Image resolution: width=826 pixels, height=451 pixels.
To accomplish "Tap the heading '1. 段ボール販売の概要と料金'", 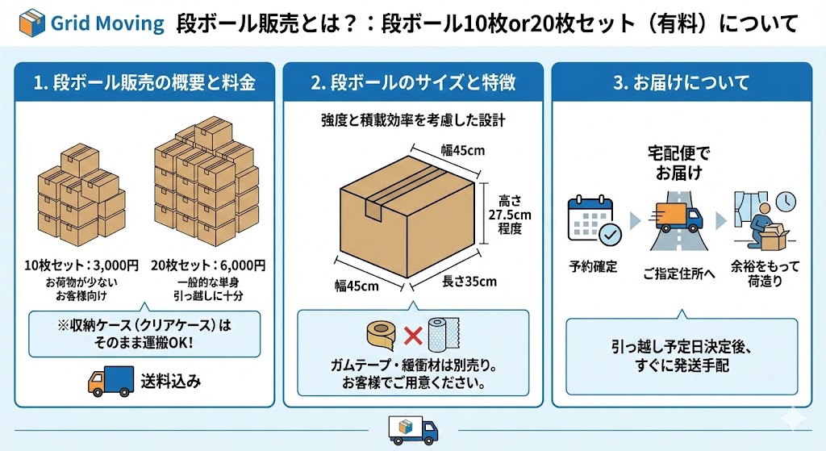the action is pyautogui.click(x=144, y=82).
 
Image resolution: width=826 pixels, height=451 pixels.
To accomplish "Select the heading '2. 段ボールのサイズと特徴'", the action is pyautogui.click(x=413, y=82).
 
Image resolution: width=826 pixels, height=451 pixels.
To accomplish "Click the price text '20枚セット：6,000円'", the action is pyautogui.click(x=209, y=265).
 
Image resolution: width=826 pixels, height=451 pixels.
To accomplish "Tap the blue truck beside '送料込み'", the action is pyautogui.click(x=109, y=381).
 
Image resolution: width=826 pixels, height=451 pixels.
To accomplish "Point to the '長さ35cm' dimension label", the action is pyautogui.click(x=469, y=282).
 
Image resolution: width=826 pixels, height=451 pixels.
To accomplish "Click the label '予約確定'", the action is pyautogui.click(x=593, y=266).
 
